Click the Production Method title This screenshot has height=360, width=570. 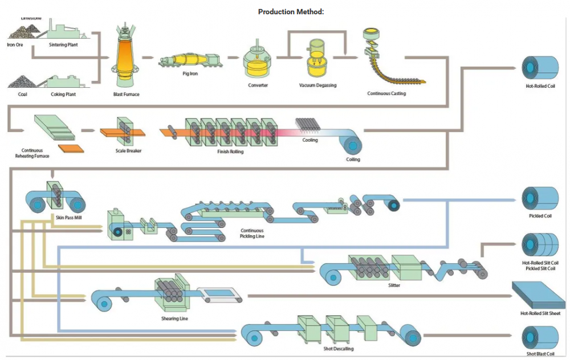point(291,11)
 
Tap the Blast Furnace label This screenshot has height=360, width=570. point(126,94)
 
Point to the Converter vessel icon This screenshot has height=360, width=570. point(258,60)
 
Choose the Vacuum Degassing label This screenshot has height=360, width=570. point(317,85)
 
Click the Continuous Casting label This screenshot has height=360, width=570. point(386,93)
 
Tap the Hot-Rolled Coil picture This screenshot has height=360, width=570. point(540,67)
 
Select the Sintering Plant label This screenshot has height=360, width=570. point(63,45)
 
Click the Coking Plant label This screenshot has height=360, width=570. point(63,94)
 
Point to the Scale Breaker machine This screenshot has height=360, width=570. point(124,132)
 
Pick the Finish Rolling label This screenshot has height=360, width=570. point(230,152)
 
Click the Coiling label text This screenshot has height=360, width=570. point(353,159)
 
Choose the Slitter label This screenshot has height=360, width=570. point(394,285)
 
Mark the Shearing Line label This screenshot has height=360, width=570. point(174,318)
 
